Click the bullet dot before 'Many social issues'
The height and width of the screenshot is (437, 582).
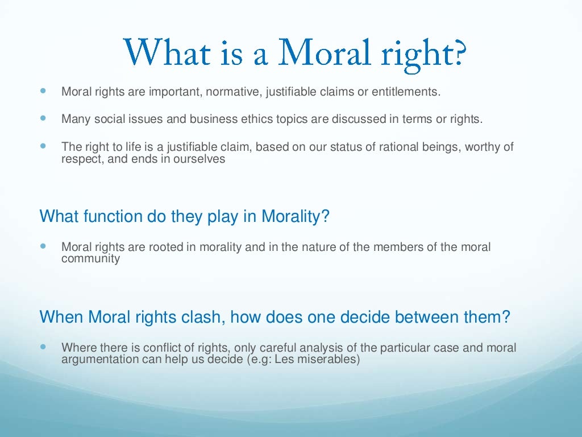[44, 119]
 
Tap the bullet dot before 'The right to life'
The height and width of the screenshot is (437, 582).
[44, 146]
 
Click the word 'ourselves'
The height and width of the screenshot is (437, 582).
[201, 159]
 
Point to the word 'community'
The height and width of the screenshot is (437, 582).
[90, 259]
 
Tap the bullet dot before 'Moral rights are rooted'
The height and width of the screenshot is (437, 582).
[44, 246]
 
